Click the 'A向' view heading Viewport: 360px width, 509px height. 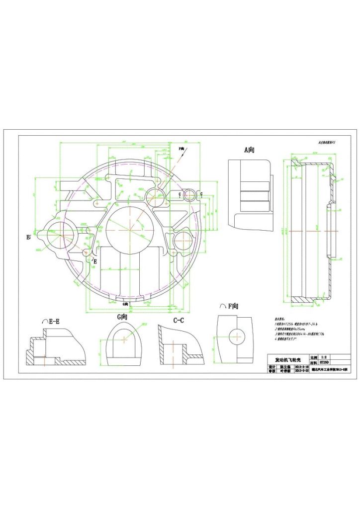pyautogui.click(x=249, y=149)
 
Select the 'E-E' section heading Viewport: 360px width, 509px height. pyautogui.click(x=51, y=322)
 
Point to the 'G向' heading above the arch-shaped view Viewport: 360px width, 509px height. pyautogui.click(x=123, y=317)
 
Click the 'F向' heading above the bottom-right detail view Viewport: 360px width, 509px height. pyautogui.click(x=229, y=306)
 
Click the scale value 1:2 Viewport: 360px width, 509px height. pyautogui.click(x=324, y=357)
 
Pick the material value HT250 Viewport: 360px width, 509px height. pyautogui.click(x=324, y=363)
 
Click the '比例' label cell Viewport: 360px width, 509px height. pyautogui.click(x=313, y=357)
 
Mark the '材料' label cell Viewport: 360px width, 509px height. pyautogui.click(x=313, y=363)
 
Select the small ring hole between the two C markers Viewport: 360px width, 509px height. pyautogui.click(x=190, y=195)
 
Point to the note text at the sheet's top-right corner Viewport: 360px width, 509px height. pyautogui.click(x=327, y=142)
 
